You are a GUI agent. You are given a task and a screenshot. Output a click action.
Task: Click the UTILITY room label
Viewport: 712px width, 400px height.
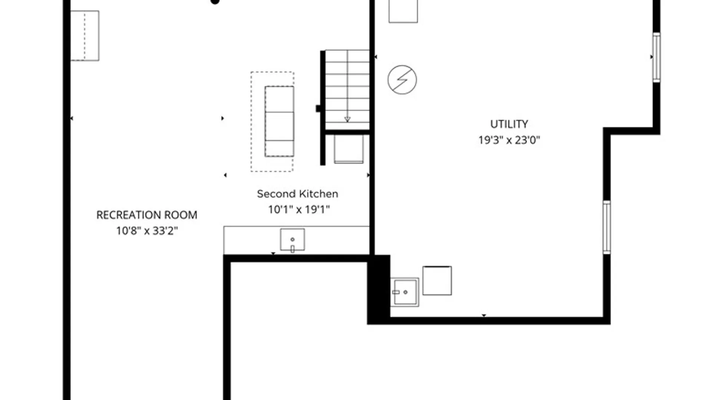[509, 124]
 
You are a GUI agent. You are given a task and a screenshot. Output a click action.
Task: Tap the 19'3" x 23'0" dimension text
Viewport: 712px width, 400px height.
[509, 140]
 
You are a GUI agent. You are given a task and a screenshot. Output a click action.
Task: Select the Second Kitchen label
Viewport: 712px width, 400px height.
[297, 194]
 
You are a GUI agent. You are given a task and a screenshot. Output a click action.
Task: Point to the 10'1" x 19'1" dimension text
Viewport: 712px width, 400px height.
[299, 210]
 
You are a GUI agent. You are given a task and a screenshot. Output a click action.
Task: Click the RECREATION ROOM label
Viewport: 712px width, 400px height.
[147, 215]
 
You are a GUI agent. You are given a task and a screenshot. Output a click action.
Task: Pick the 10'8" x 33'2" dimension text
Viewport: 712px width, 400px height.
[147, 231]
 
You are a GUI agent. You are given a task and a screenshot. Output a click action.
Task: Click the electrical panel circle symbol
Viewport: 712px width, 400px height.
[402, 80]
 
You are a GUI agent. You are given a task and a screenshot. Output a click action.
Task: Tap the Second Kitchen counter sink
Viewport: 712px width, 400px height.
[293, 240]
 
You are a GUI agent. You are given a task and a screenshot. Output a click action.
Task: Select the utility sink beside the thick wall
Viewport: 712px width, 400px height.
[405, 292]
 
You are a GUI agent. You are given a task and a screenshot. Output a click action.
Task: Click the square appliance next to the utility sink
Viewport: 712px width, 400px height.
[437, 281]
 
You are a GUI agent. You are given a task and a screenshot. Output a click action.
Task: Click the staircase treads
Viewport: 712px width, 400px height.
[347, 90]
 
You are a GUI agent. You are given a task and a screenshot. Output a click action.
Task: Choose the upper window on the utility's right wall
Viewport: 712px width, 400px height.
[656, 57]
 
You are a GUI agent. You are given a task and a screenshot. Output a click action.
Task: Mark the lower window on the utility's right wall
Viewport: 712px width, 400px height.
[607, 227]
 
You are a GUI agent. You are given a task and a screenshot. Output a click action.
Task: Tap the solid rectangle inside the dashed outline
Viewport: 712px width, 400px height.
[280, 121]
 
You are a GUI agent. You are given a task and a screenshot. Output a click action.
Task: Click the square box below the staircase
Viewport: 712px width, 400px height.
[349, 149]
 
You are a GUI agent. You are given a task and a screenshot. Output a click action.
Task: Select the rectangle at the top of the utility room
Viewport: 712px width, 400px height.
[403, 11]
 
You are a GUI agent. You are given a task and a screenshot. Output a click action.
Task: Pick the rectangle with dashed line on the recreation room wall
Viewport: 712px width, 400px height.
[85, 36]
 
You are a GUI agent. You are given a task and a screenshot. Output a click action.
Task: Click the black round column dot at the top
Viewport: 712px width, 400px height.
[215, 1]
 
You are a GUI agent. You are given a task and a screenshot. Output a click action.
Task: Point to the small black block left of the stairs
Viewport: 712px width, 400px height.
[318, 109]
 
